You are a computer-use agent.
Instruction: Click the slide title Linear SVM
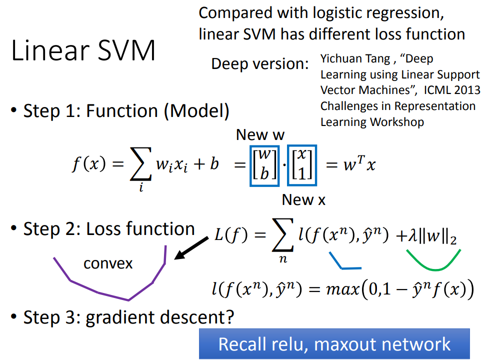[x=83, y=51]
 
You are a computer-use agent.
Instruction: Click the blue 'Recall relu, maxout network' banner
[x=334, y=344]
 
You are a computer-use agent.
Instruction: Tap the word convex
[x=108, y=263]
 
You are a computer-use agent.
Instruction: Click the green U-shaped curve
[x=433, y=260]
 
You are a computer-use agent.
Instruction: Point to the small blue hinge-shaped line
[x=345, y=261]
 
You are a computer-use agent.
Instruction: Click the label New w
[x=260, y=135]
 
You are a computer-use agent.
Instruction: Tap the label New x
[x=303, y=200]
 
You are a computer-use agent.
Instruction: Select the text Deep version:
[x=260, y=64]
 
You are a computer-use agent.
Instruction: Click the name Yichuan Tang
[x=355, y=59]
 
